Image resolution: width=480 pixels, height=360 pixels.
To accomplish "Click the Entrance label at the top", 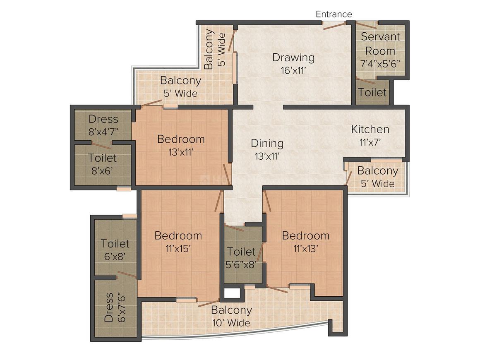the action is click(x=334, y=14).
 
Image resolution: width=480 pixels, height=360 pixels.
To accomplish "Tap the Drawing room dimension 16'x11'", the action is click(x=293, y=71).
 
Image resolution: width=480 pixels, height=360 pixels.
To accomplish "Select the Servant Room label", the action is click(x=380, y=43).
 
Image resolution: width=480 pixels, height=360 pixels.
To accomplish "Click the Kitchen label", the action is click(x=370, y=129).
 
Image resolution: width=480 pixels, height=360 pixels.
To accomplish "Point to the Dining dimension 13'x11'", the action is click(x=267, y=156).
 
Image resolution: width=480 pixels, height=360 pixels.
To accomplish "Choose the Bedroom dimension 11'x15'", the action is click(x=178, y=249).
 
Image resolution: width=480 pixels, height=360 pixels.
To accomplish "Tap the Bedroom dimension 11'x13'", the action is click(x=305, y=249).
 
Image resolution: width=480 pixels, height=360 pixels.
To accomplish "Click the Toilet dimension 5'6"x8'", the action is click(x=241, y=264).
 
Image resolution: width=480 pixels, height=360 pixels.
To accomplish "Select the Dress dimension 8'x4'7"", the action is click(x=103, y=132).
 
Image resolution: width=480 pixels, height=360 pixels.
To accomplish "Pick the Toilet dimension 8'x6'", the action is click(x=102, y=171).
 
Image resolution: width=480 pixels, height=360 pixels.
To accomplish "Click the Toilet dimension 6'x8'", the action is click(x=115, y=257).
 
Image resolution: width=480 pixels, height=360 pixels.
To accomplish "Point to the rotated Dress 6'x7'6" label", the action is click(x=115, y=307).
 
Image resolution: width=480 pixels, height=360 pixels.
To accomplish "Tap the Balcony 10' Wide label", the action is click(x=231, y=316).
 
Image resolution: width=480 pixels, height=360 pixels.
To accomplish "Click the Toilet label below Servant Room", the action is click(x=372, y=92).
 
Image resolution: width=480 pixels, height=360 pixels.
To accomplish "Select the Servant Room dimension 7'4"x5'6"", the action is click(x=380, y=64).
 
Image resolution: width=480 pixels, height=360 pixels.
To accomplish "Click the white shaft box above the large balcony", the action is click(x=233, y=293).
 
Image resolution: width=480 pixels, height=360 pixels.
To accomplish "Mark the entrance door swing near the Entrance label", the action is click(x=335, y=25).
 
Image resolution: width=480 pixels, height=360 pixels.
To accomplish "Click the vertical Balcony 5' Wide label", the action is click(x=215, y=49).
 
